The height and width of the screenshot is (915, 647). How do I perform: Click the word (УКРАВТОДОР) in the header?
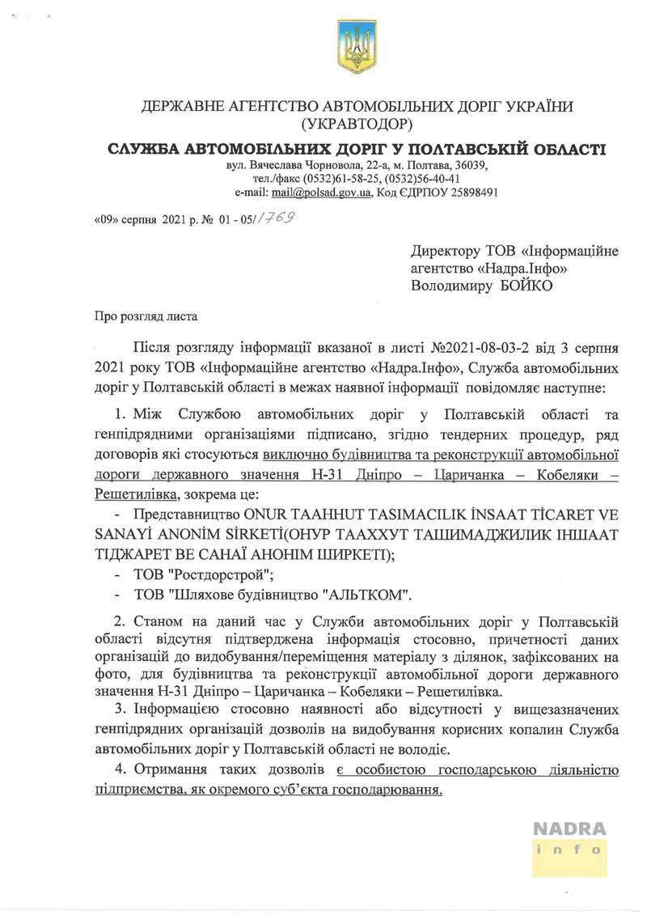click(356, 125)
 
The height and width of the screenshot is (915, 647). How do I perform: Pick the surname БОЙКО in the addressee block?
click(518, 285)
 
